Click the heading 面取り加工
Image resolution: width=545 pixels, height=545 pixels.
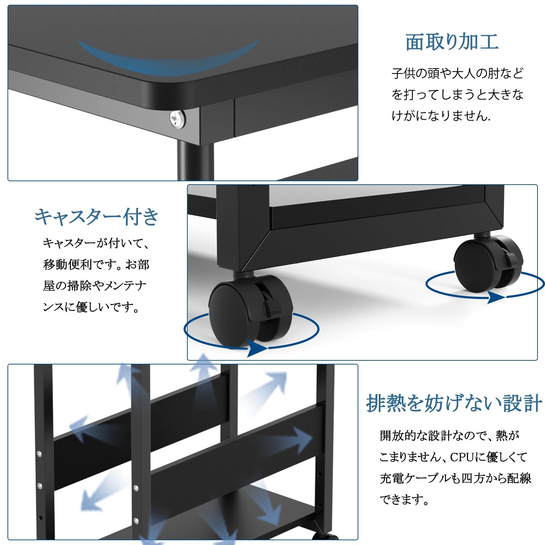click(x=452, y=42)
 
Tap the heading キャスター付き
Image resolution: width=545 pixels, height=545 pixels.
click(x=97, y=217)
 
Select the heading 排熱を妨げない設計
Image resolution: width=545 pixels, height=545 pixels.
click(x=454, y=404)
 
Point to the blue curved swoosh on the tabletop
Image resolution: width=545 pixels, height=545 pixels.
click(x=169, y=58)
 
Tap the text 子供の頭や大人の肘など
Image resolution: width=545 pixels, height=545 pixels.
click(x=457, y=74)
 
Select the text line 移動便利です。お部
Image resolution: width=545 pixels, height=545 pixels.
click(x=96, y=264)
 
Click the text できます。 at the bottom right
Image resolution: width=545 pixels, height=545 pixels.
click(x=404, y=500)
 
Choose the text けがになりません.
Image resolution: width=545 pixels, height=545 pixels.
click(x=441, y=116)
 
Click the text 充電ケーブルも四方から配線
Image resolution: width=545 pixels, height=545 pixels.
click(x=455, y=479)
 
